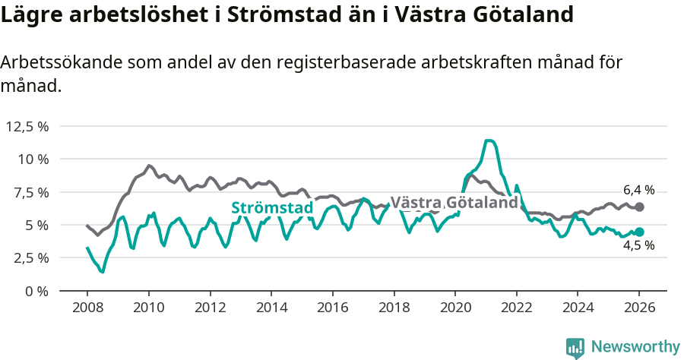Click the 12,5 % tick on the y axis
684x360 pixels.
click(x=27, y=126)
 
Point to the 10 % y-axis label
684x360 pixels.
click(x=33, y=159)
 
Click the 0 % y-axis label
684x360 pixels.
click(x=36, y=291)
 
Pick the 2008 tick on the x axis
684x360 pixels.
click(x=87, y=308)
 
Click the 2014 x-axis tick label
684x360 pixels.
click(x=271, y=308)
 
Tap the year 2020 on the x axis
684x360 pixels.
click(x=455, y=308)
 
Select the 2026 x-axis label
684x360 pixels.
click(x=639, y=308)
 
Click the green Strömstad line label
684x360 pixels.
click(x=272, y=208)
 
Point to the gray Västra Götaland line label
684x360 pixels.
click(x=454, y=203)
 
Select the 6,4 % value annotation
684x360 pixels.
click(x=638, y=191)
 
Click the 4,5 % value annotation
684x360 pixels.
click(x=638, y=246)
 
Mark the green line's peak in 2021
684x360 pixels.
click(x=489, y=141)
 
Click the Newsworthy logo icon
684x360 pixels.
click(x=575, y=347)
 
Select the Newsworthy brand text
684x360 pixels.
click(x=635, y=347)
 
